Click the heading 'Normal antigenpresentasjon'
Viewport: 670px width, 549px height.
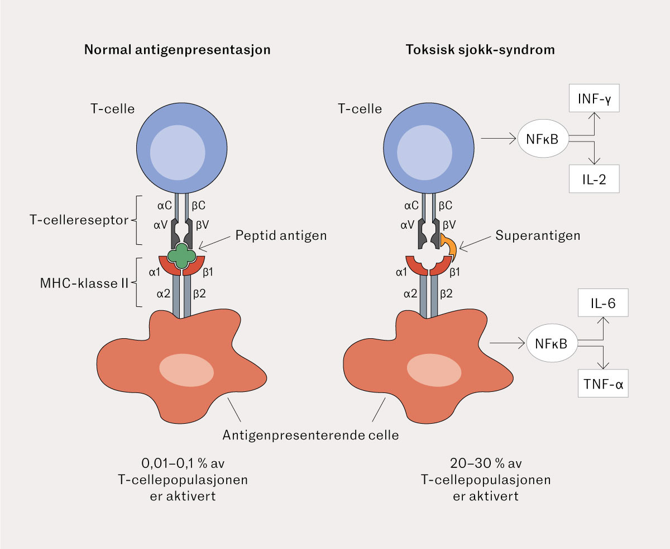point(177,49)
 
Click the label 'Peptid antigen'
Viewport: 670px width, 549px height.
point(280,235)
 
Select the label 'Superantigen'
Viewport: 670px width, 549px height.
point(538,235)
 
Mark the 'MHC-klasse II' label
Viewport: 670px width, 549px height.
point(78,283)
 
